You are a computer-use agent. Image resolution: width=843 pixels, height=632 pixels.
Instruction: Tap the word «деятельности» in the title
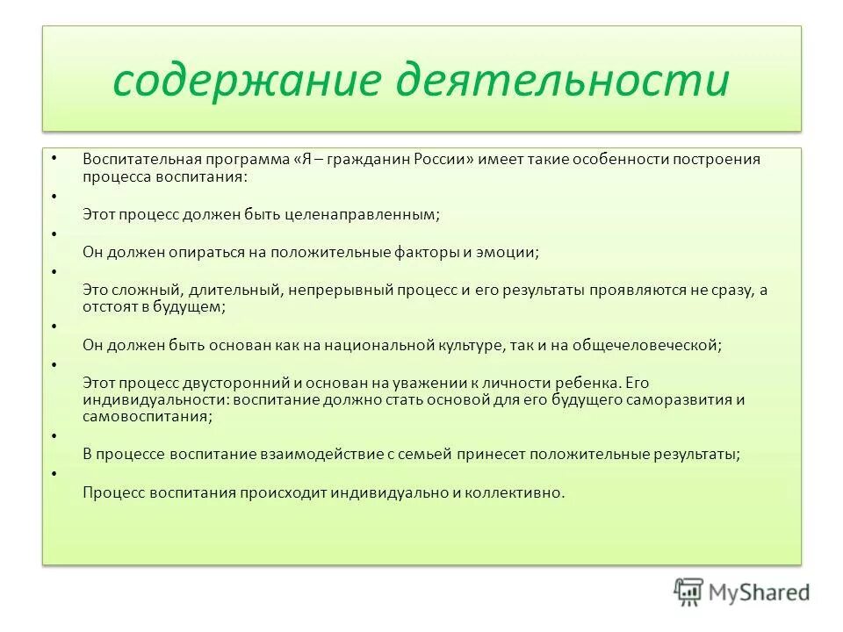(x=563, y=82)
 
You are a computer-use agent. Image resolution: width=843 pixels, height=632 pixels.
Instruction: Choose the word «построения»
(x=719, y=160)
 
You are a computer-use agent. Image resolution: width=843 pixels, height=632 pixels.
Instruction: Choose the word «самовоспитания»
(x=146, y=417)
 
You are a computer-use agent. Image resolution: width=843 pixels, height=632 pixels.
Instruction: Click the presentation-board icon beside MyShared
(x=688, y=591)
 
